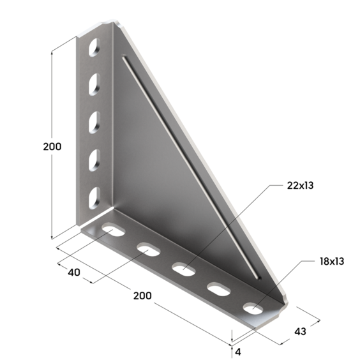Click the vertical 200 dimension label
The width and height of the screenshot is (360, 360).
tap(52, 146)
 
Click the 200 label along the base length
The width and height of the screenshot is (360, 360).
tap(142, 296)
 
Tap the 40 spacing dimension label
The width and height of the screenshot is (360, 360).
tap(74, 273)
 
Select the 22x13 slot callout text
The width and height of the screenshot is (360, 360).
tap(300, 186)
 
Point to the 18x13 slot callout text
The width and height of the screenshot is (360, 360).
tap(332, 261)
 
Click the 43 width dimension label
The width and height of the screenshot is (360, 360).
tap(300, 331)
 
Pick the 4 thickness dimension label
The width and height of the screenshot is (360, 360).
tap(238, 352)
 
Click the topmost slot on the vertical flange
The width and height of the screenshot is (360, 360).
tap(94, 47)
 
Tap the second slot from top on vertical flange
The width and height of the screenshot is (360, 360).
tap(94, 84)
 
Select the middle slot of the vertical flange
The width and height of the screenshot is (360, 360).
tap(94, 122)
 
